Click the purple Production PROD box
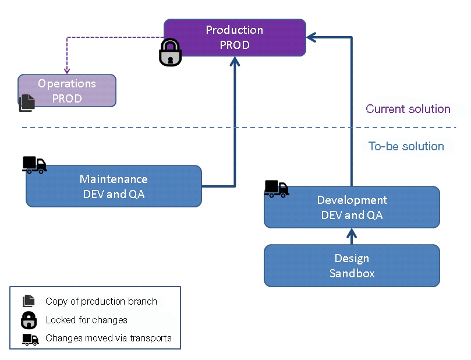(235, 37)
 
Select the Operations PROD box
(67, 91)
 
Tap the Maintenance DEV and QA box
(114, 186)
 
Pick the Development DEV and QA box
(352, 207)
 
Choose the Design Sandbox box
(352, 266)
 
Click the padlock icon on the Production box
(170, 52)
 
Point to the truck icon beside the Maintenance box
(34, 165)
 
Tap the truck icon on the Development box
(277, 189)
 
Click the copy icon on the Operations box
(27, 103)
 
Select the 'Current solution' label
(408, 109)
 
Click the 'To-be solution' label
(406, 146)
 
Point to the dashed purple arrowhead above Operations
(67, 70)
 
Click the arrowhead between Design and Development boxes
(352, 234)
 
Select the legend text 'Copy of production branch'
(101, 302)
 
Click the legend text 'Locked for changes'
(86, 320)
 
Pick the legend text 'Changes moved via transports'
(108, 338)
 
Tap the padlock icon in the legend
(29, 320)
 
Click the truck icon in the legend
(30, 339)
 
